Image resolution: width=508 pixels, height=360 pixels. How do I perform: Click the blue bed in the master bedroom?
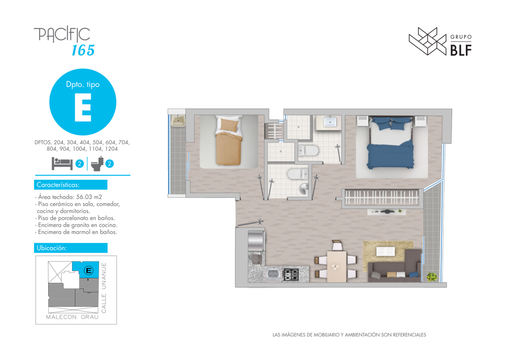pyautogui.click(x=391, y=143)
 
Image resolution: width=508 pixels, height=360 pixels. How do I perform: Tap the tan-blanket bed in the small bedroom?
pyautogui.click(x=229, y=140)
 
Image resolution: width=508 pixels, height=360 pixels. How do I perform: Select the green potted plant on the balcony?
pyautogui.click(x=431, y=277)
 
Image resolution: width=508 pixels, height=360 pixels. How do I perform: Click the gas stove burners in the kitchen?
pyautogui.click(x=291, y=275)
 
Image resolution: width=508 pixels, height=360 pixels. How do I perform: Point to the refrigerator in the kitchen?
pyautogui.click(x=256, y=241)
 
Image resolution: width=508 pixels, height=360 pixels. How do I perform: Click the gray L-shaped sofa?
pyautogui.click(x=395, y=266)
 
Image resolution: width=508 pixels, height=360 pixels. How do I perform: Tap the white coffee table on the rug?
pyautogui.click(x=386, y=251)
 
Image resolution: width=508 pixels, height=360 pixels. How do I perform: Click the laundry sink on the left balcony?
pyautogui.click(x=178, y=121)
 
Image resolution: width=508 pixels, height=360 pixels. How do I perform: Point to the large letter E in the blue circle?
pyautogui.click(x=83, y=108)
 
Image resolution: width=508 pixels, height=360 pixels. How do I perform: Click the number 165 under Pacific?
pyautogui.click(x=83, y=50)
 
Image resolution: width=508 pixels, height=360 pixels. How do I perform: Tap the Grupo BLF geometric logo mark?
pyautogui.click(x=428, y=41)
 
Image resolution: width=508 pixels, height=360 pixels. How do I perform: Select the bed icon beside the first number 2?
pyautogui.click(x=62, y=163)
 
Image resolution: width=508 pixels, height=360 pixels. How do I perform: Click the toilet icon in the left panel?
pyautogui.click(x=97, y=163)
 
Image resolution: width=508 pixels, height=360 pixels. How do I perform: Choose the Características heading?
pyautogui.click(x=58, y=185)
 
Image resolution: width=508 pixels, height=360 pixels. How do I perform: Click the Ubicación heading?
pyautogui.click(x=51, y=248)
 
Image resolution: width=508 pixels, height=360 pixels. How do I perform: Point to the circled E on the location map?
pyautogui.click(x=88, y=270)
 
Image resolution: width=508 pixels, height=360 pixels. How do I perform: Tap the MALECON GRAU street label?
pyautogui.click(x=72, y=317)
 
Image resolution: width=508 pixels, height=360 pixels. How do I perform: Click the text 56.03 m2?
pyautogui.click(x=89, y=197)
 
